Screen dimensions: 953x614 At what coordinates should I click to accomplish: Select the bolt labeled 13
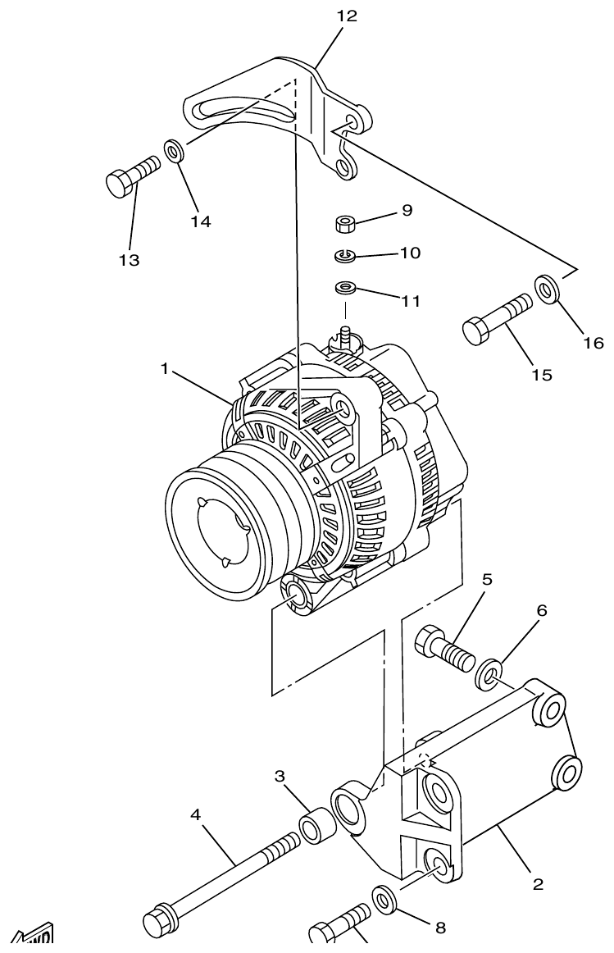click(131, 176)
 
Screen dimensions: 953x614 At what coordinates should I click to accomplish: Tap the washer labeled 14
click(174, 151)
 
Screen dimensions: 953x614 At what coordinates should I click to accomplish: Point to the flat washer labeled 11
click(345, 289)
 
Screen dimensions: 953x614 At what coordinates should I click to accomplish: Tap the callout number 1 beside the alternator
click(165, 369)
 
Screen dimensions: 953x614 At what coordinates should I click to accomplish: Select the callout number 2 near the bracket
click(538, 884)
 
